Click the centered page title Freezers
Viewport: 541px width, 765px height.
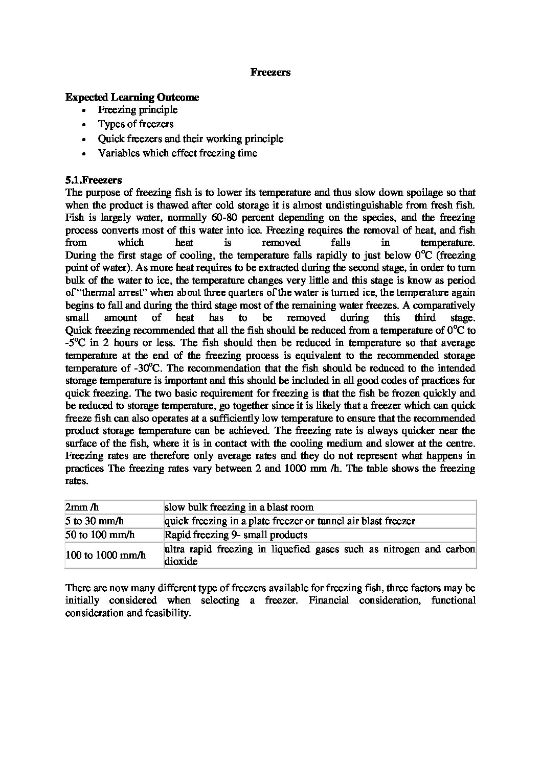270,72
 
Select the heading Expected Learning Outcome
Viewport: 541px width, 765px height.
132,97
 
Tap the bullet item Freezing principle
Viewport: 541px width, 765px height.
138,110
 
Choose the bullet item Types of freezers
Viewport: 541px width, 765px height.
136,124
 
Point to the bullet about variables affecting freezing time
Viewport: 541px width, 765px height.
177,153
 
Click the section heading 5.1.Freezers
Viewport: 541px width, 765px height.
94,180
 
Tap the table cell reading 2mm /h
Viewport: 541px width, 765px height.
82,507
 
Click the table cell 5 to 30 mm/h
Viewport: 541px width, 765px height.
95,521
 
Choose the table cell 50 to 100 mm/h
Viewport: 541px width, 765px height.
100,535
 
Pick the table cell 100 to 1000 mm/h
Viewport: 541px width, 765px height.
106,555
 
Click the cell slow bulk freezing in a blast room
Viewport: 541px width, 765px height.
239,507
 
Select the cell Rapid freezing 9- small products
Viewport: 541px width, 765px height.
236,535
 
